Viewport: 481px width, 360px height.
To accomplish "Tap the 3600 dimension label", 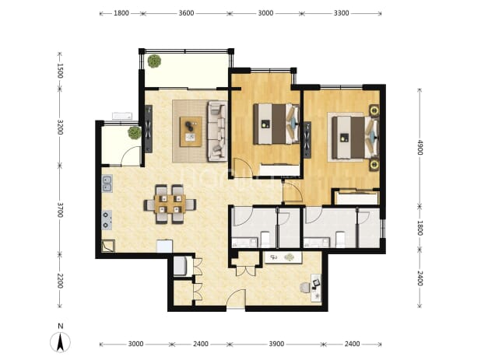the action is (186, 13).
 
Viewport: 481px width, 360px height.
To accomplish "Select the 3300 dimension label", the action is (341, 13).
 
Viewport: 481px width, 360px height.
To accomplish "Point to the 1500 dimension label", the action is (60, 71).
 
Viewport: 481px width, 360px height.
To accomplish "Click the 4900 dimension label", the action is (420, 148).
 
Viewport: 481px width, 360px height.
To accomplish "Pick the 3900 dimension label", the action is (276, 344).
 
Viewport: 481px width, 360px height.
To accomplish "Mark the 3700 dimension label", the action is (60, 210).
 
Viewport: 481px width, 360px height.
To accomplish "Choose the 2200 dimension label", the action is (60, 281).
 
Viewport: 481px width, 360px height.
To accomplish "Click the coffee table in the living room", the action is (191, 131).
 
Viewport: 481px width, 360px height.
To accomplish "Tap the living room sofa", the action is (217, 131).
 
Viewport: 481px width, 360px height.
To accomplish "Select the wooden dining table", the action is (170, 204).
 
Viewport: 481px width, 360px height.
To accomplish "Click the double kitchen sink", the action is (107, 183).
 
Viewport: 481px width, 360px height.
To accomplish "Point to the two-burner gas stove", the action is (107, 220).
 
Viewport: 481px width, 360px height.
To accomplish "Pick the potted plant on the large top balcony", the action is (154, 61).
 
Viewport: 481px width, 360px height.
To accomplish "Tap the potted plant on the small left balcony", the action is (135, 133).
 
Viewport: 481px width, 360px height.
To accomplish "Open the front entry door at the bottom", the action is (236, 298).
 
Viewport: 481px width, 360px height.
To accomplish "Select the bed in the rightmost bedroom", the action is (355, 137).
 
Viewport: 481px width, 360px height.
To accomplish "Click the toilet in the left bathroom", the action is (265, 239).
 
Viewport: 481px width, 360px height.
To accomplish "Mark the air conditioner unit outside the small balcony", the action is (122, 116).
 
